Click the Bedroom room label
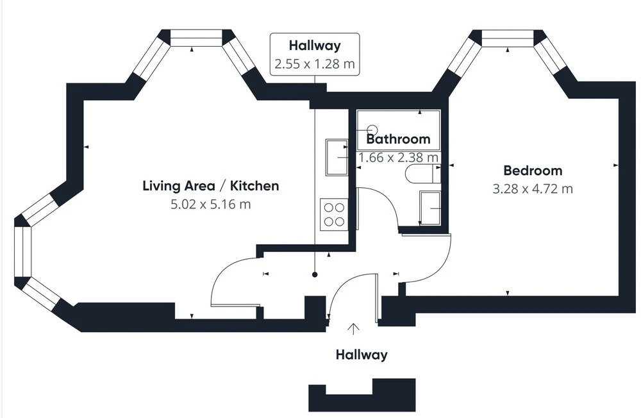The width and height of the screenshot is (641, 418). [533, 170]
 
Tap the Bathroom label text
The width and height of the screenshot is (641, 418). [398, 139]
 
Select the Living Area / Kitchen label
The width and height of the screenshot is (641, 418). [211, 186]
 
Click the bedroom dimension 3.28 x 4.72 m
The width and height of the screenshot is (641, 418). [533, 188]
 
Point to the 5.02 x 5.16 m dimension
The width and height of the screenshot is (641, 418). [211, 204]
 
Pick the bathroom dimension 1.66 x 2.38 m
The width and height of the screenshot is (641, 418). [398, 157]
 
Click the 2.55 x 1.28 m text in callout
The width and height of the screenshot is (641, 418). [315, 64]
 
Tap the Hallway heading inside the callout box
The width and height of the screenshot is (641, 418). [315, 46]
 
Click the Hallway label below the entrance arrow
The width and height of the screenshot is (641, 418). [362, 355]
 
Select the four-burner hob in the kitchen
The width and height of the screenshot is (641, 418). [334, 215]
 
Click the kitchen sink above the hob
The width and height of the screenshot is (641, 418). [337, 158]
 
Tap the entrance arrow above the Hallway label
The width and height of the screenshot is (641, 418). [353, 329]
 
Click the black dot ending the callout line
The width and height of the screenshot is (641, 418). [315, 275]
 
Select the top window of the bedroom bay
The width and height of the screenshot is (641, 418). [508, 38]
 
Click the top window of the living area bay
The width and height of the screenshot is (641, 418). [196, 38]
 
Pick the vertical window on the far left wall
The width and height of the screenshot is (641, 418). [23, 252]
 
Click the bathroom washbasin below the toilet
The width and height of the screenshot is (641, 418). [431, 208]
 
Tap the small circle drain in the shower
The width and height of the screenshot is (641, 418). [372, 130]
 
